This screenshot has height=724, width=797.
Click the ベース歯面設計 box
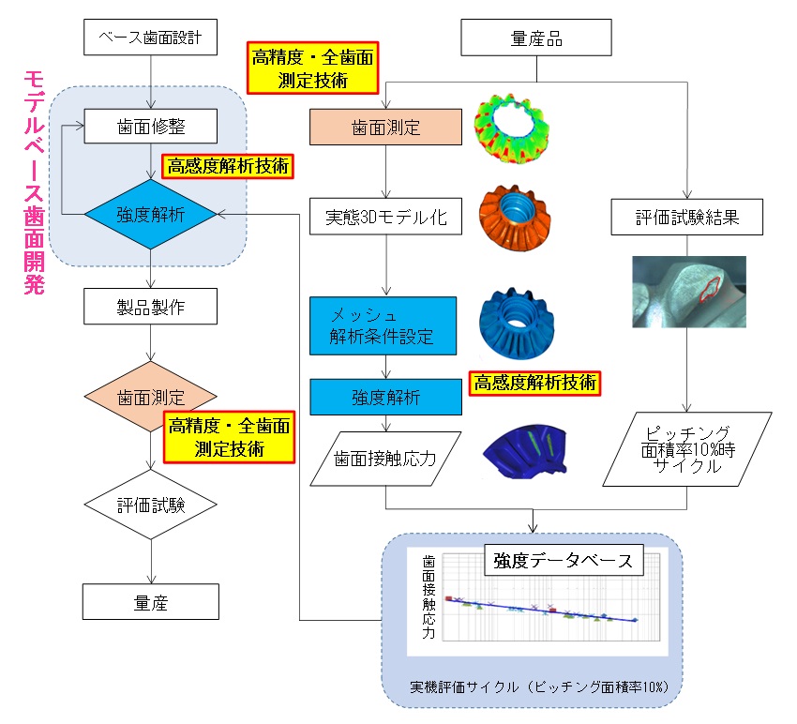[x=150, y=40]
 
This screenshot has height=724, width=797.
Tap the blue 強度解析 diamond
[x=150, y=215]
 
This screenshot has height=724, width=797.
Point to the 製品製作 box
[x=150, y=305]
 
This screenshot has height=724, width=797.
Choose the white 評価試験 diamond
[x=150, y=504]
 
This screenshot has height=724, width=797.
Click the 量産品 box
[x=536, y=40]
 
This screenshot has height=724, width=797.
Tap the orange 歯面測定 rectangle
[x=385, y=126]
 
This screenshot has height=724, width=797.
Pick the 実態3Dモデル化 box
[x=385, y=219]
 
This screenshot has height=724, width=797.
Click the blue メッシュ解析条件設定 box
[x=385, y=324]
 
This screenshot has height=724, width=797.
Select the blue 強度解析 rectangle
[x=385, y=397]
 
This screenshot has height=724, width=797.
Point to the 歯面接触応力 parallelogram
[x=385, y=459]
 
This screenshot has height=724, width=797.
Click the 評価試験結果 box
[x=686, y=219]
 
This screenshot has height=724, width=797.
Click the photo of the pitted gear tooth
[x=689, y=292]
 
